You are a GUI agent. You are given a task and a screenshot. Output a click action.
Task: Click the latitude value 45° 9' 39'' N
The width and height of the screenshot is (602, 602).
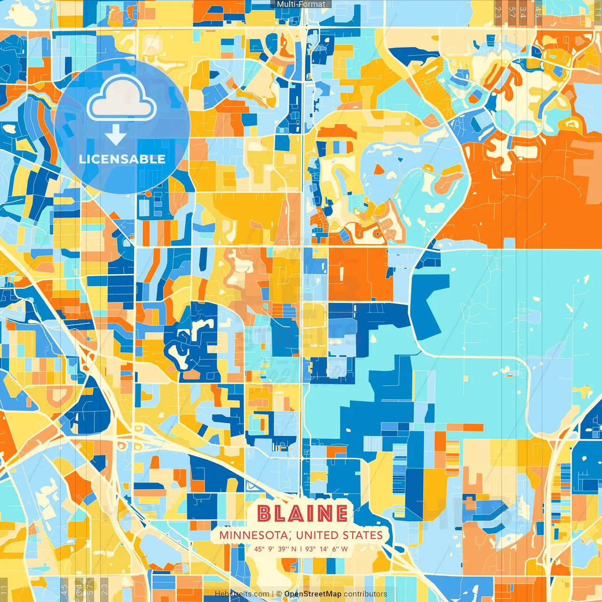(x=275, y=549)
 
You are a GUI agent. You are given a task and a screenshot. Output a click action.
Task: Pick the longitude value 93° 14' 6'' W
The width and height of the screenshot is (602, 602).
(x=326, y=549)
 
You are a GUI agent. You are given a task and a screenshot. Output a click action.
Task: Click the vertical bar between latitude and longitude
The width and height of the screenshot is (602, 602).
(x=301, y=549)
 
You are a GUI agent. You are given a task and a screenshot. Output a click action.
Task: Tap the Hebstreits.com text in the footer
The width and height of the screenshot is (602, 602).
(x=242, y=594)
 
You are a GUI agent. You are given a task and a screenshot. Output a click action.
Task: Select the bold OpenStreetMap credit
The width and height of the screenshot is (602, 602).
(x=313, y=594)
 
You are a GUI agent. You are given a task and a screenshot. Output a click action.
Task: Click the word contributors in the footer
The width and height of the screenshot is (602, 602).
(x=365, y=594)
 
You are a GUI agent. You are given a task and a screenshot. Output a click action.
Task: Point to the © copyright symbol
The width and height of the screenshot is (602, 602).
(x=279, y=594)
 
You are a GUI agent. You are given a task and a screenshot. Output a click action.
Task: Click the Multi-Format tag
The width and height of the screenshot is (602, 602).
(x=301, y=4)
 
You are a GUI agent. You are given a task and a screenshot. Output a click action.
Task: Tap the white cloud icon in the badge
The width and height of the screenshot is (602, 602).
(x=121, y=99)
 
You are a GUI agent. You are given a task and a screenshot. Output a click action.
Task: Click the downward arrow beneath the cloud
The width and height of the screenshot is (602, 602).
(x=116, y=136)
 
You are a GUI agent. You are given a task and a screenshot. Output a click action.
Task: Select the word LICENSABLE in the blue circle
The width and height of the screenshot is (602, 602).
(x=122, y=159)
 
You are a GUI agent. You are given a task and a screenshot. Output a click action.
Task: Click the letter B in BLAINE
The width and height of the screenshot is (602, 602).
(x=264, y=513)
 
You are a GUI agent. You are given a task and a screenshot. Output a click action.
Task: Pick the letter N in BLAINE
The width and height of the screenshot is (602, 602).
(x=323, y=513)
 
